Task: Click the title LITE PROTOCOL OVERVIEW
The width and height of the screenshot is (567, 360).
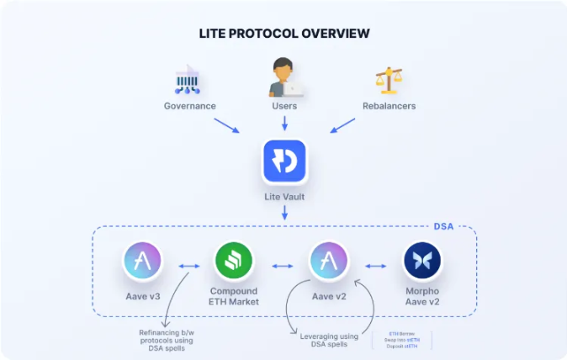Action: click(283, 34)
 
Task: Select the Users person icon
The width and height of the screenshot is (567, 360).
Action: click(284, 77)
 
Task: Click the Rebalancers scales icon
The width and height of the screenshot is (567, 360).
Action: click(388, 80)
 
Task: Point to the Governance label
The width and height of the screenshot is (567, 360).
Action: click(189, 106)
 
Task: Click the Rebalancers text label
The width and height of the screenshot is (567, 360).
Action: click(389, 106)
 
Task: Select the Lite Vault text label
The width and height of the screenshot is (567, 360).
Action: click(284, 196)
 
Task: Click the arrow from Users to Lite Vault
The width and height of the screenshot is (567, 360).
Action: click(284, 123)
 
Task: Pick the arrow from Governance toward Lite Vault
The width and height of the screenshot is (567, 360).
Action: click(227, 125)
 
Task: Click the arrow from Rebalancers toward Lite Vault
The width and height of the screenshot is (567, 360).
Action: click(342, 125)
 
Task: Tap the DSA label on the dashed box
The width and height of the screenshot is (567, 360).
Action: click(443, 226)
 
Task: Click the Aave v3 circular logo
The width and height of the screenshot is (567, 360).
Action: click(142, 261)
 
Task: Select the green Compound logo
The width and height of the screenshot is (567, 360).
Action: click(233, 262)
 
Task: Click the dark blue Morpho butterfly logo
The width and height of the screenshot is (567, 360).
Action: click(423, 262)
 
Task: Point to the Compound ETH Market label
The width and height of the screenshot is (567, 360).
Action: click(233, 296)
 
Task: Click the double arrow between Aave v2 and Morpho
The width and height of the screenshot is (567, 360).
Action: click(376, 266)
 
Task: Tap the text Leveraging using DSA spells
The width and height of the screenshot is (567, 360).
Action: click(330, 341)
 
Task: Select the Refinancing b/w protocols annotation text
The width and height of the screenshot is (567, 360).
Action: click(166, 340)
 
